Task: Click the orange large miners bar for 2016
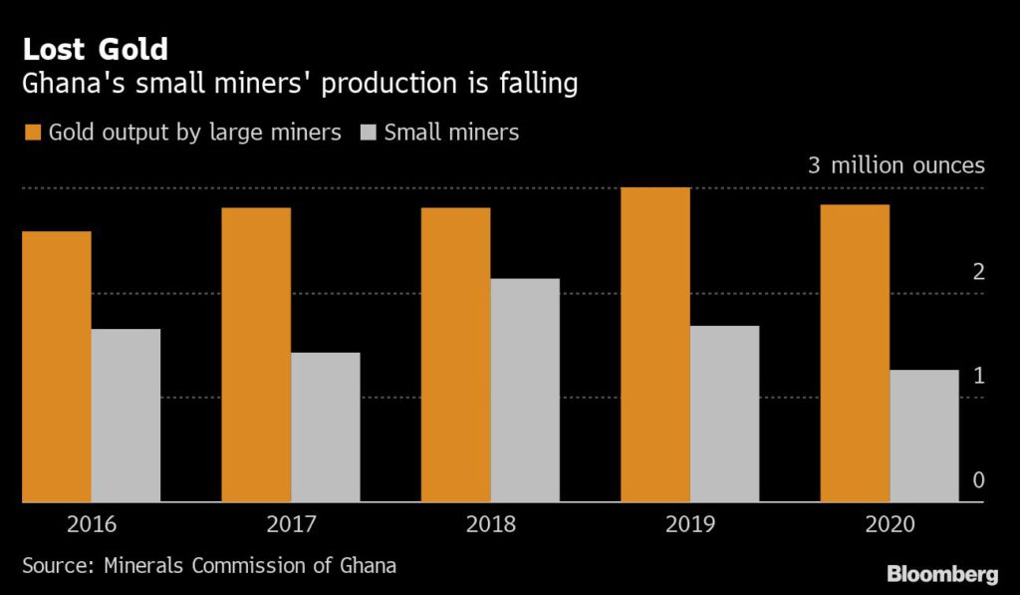pos(57,367)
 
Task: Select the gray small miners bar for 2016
pos(126,416)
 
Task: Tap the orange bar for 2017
pos(256,355)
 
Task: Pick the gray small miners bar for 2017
pos(325,428)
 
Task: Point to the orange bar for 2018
pos(455,355)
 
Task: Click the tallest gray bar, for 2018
pos(525,391)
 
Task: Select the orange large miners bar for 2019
pos(654,345)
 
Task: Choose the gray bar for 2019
pos(724,414)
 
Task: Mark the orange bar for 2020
pos(855,354)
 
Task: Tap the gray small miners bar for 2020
pos(924,437)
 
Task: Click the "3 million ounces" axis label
pos(895,165)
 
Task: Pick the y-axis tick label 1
pos(978,376)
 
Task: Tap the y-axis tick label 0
pos(978,480)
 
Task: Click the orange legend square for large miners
pos(31,132)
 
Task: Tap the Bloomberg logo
pos(941,573)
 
